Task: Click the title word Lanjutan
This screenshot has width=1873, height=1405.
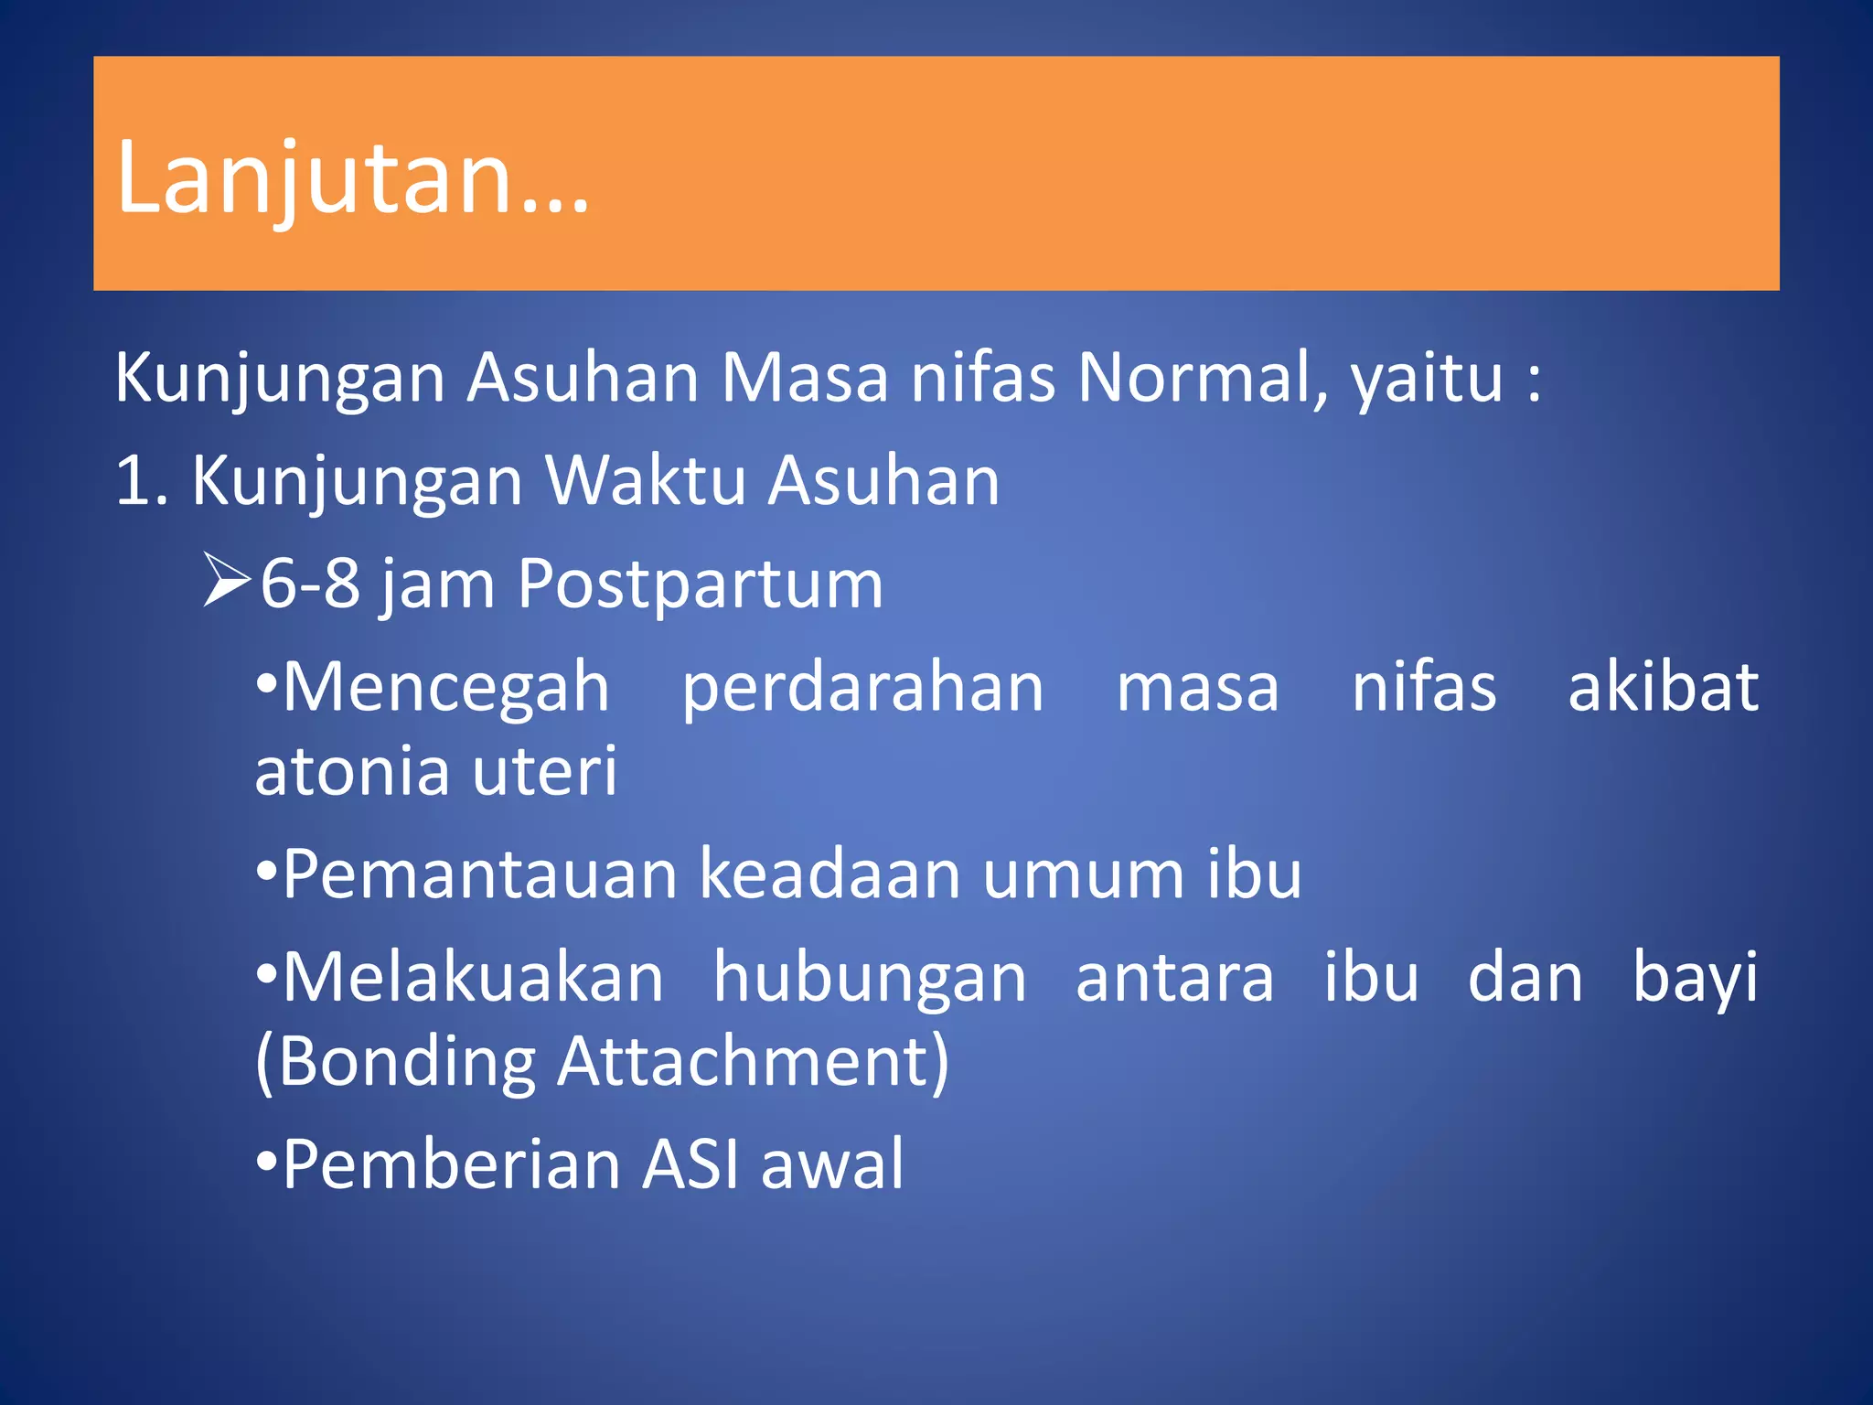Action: click(353, 178)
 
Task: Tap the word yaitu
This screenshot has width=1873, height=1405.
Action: click(1428, 379)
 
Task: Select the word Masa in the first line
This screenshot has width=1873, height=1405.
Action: click(805, 377)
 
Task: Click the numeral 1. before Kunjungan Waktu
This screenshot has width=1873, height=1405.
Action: click(142, 480)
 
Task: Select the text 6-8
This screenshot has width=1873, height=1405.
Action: click(311, 584)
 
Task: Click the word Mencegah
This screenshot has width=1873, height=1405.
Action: click(445, 688)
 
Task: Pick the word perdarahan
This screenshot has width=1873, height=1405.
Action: click(862, 688)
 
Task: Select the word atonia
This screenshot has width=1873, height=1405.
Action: click(350, 770)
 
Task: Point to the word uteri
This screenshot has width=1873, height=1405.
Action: click(545, 770)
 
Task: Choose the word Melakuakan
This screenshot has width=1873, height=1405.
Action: click(473, 977)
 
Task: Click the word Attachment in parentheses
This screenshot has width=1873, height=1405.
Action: click(754, 1063)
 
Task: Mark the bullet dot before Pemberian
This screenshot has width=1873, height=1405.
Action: click(265, 1161)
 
